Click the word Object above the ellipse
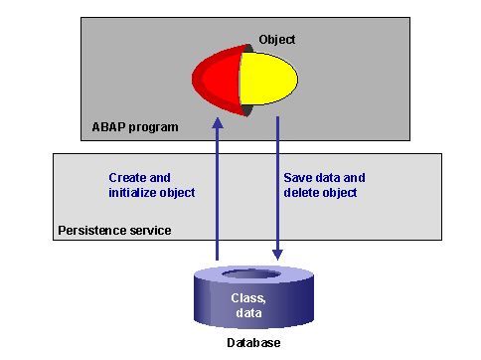[277, 40]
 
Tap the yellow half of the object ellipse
[268, 79]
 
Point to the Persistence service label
[112, 231]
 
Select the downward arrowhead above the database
[277, 255]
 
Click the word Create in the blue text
[127, 178]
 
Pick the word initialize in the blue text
[135, 192]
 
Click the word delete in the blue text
[300, 192]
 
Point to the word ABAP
[102, 127]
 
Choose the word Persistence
[88, 231]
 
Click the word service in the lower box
[147, 231]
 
